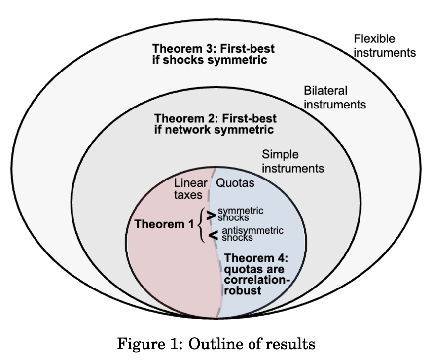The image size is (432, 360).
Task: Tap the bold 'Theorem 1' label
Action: [164, 224]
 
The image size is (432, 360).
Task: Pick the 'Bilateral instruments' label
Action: [334, 98]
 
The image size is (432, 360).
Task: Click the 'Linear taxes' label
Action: [190, 189]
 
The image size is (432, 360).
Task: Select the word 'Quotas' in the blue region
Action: [236, 183]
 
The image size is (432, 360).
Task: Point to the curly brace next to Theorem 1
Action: [201, 225]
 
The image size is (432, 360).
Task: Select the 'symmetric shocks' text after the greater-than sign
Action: [240, 214]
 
